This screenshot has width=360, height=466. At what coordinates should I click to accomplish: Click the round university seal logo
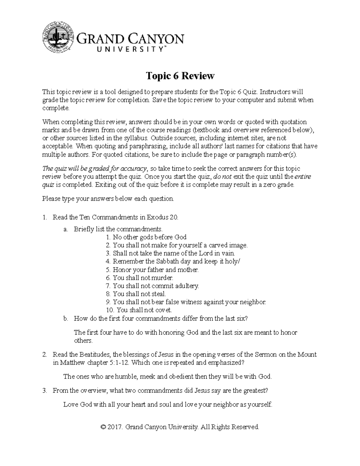pyautogui.click(x=58, y=38)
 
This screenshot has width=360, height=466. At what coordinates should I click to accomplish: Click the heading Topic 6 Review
pyautogui.click(x=180, y=76)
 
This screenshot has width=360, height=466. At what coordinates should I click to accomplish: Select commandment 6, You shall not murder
pyautogui.click(x=140, y=278)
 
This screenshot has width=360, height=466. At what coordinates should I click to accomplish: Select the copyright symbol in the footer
pyautogui.click(x=104, y=427)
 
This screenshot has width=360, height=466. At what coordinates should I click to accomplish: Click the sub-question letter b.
pyautogui.click(x=65, y=318)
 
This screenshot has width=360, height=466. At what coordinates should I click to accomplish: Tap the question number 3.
pyautogui.click(x=44, y=390)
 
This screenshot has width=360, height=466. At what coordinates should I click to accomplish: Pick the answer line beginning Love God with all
pyautogui.click(x=167, y=404)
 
